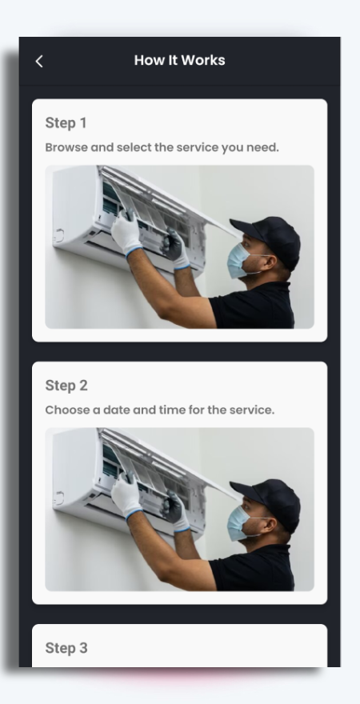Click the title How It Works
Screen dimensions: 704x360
pyautogui.click(x=180, y=61)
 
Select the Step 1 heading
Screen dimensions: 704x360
pyautogui.click(x=66, y=123)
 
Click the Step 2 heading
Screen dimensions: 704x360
pyautogui.click(x=66, y=386)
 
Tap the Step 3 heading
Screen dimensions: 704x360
pyautogui.click(x=66, y=648)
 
